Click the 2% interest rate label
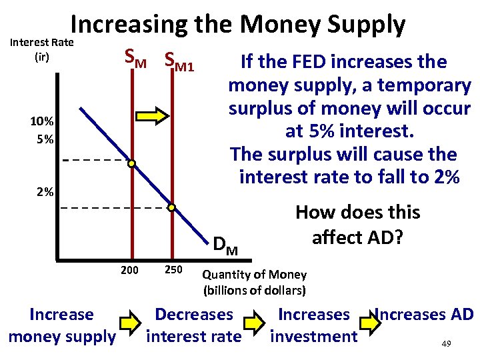tap(45, 192)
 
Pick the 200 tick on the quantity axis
tap(130, 269)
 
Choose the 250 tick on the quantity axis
tap(172, 269)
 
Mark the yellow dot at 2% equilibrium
tap(171, 208)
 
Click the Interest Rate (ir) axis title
tap(41, 50)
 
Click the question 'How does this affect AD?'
tap(357, 225)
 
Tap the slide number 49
tap(447, 344)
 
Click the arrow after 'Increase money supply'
tap(131, 325)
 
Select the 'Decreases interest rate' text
tap(193, 325)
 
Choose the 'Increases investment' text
tap(313, 325)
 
